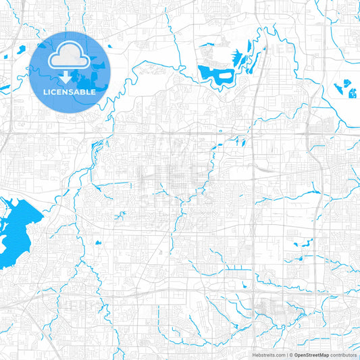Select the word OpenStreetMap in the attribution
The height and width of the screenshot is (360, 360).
coord(311,355)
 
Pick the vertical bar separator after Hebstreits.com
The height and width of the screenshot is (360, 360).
coord(286,355)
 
